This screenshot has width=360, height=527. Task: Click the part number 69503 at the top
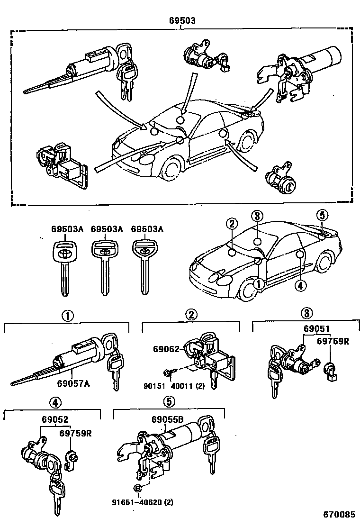click(x=182, y=21)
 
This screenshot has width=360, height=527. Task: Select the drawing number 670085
click(x=339, y=514)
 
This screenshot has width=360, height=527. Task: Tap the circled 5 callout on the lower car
click(x=322, y=216)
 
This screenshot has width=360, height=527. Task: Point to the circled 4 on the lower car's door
click(x=299, y=285)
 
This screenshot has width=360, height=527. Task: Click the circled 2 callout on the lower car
click(x=231, y=224)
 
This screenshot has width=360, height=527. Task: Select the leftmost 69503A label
click(x=67, y=229)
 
